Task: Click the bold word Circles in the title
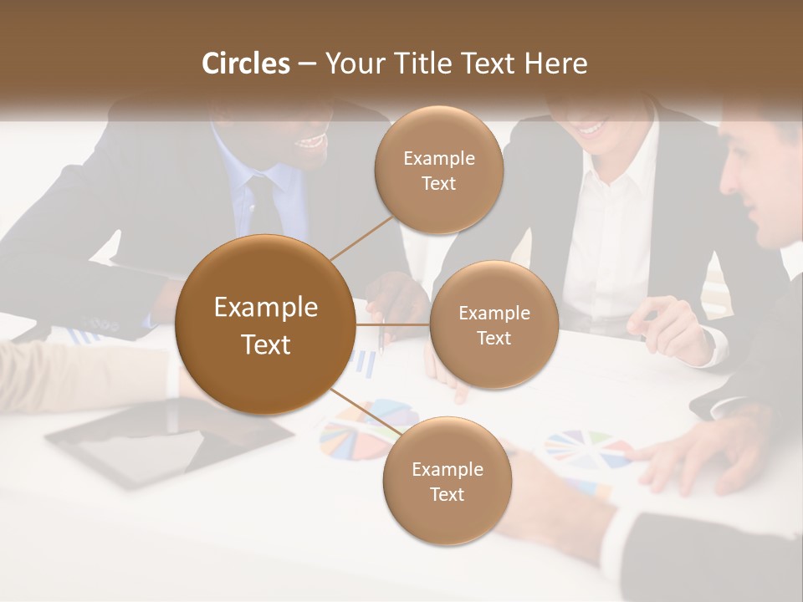point(245,64)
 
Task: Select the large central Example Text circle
point(265,324)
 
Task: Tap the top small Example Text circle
point(438,170)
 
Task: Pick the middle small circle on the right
point(494,324)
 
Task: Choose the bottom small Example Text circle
point(447,481)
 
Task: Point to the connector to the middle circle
point(392,324)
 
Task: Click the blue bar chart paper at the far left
point(84,335)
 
